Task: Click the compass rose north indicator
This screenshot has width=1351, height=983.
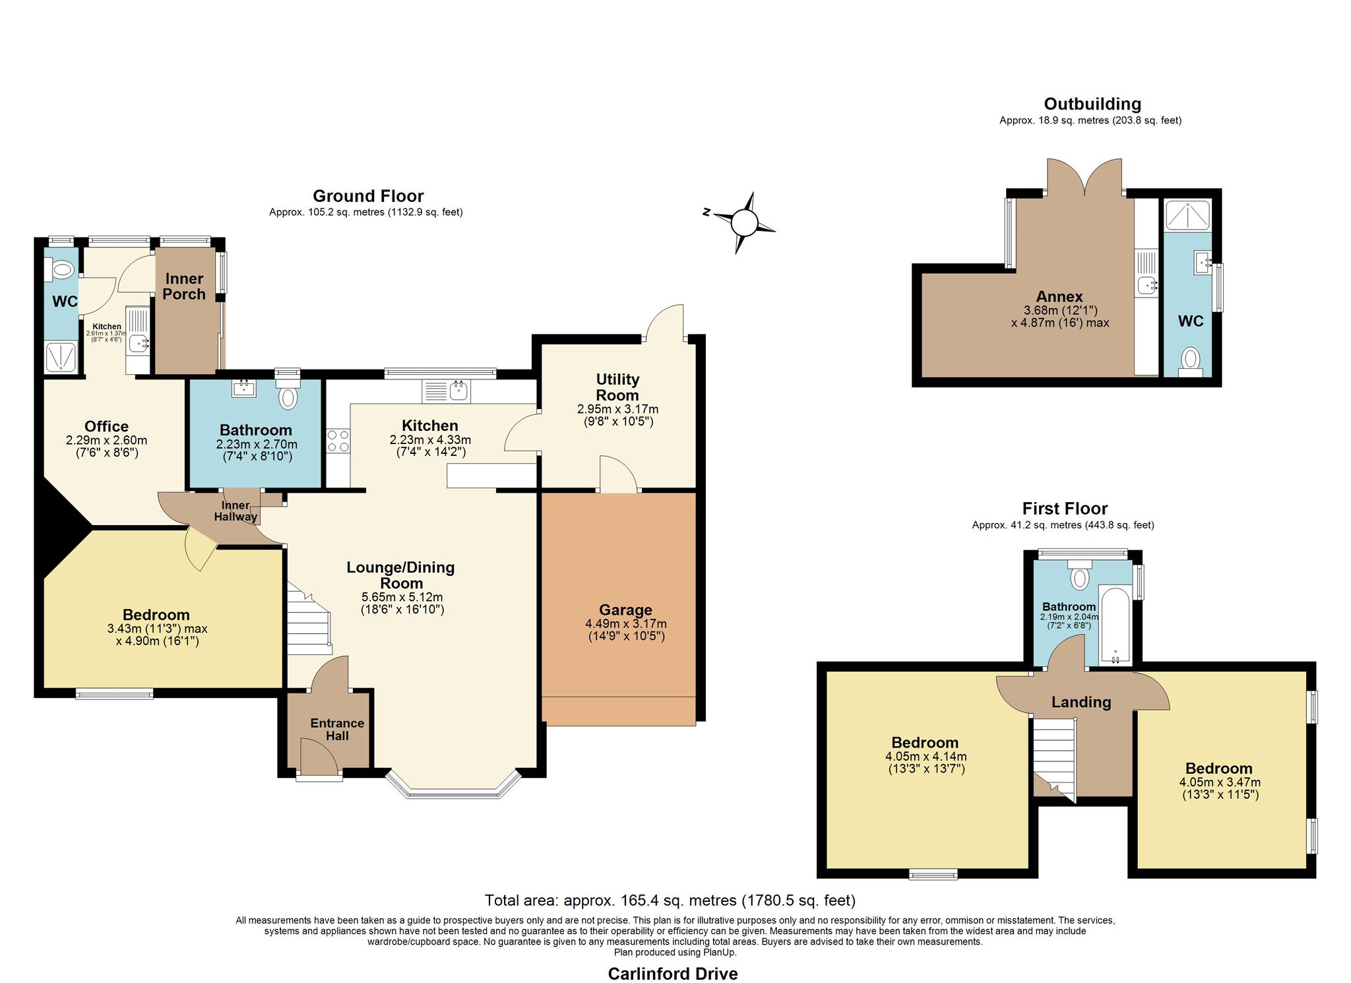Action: pyautogui.click(x=707, y=212)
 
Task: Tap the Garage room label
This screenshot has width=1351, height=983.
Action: pyautogui.click(x=625, y=610)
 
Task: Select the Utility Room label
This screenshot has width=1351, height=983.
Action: pyautogui.click(x=617, y=387)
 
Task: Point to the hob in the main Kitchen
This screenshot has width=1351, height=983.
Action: pyautogui.click(x=338, y=441)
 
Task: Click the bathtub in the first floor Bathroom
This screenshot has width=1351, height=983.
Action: pyautogui.click(x=1115, y=625)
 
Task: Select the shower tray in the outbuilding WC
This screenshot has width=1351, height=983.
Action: pyautogui.click(x=1187, y=215)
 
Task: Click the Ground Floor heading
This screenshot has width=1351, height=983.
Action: pyautogui.click(x=368, y=196)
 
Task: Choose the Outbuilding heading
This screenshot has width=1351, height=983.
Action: pyautogui.click(x=1092, y=104)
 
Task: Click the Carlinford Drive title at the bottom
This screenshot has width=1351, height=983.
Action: pyautogui.click(x=673, y=974)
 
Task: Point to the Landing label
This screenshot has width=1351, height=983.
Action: pyautogui.click(x=1081, y=703)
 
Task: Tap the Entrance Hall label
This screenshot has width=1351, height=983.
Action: pyautogui.click(x=337, y=730)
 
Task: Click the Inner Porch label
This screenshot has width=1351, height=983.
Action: pyautogui.click(x=184, y=286)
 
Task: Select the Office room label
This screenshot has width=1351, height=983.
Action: pyautogui.click(x=106, y=426)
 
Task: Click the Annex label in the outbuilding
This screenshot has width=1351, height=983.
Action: pyautogui.click(x=1059, y=296)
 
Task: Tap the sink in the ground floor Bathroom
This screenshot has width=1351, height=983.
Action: pyautogui.click(x=244, y=388)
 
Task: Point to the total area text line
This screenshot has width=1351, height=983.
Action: pyautogui.click(x=670, y=900)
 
